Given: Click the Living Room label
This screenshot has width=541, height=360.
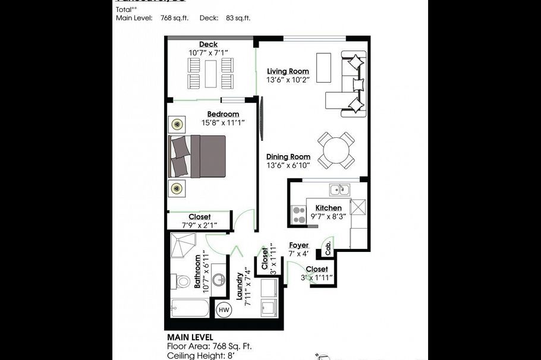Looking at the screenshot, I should point(288,71).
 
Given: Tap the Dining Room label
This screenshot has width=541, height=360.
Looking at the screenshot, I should point(288,157).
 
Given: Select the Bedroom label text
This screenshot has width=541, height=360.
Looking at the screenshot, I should point(223,114).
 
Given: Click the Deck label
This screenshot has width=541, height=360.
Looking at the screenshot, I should point(208,45).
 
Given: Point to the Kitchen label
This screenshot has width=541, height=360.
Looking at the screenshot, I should point(328,208).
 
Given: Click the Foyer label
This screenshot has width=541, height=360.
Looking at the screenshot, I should point(298,245).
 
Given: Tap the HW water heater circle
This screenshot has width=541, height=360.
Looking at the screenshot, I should point(224,309).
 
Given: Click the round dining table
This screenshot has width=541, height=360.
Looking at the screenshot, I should point(336,149).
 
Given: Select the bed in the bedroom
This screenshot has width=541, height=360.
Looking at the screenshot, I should point(198,156).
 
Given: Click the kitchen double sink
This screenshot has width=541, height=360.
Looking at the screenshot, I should point(339,190).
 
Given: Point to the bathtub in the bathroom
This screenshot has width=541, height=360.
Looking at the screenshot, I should point(189,308).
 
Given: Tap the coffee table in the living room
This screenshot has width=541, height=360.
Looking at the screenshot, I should point(324,68).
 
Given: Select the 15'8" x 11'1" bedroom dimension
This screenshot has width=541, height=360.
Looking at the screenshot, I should point(223,122).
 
